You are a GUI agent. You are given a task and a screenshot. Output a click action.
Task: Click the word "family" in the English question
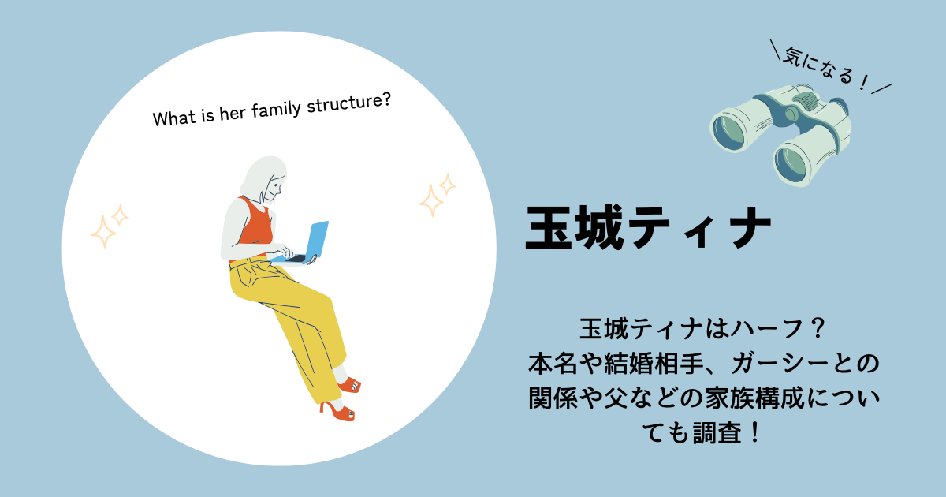[x=276, y=110]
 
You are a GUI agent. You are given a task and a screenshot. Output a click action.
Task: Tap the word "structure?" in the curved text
[x=348, y=103]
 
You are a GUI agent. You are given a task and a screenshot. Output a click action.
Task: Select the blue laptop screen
[x=317, y=239]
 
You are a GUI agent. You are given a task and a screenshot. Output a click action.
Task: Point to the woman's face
[x=274, y=189]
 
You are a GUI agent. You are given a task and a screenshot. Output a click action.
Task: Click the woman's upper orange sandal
[x=350, y=385]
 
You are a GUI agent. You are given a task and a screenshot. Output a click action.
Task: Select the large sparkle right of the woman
[x=431, y=200]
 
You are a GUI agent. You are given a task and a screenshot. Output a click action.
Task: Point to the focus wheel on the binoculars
[x=806, y=101]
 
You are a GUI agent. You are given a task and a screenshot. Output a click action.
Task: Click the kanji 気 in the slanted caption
[x=793, y=58]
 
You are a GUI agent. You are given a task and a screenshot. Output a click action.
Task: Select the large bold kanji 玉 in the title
[x=549, y=227]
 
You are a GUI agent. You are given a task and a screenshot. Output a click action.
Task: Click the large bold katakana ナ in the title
[x=750, y=227]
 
